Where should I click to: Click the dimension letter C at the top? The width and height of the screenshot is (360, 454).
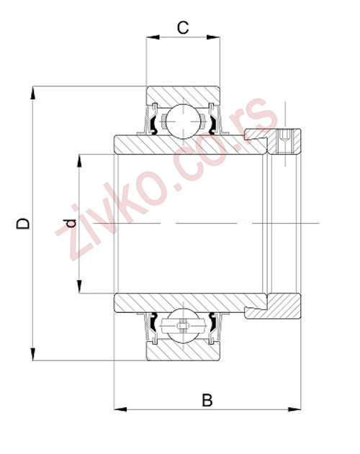coord(183,27)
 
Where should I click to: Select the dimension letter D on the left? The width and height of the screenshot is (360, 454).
coord(24,224)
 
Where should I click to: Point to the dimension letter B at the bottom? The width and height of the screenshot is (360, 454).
coord(207,400)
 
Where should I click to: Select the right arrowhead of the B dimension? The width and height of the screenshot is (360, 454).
coord(295,411)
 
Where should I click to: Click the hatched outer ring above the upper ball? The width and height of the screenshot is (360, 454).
coord(183,95)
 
